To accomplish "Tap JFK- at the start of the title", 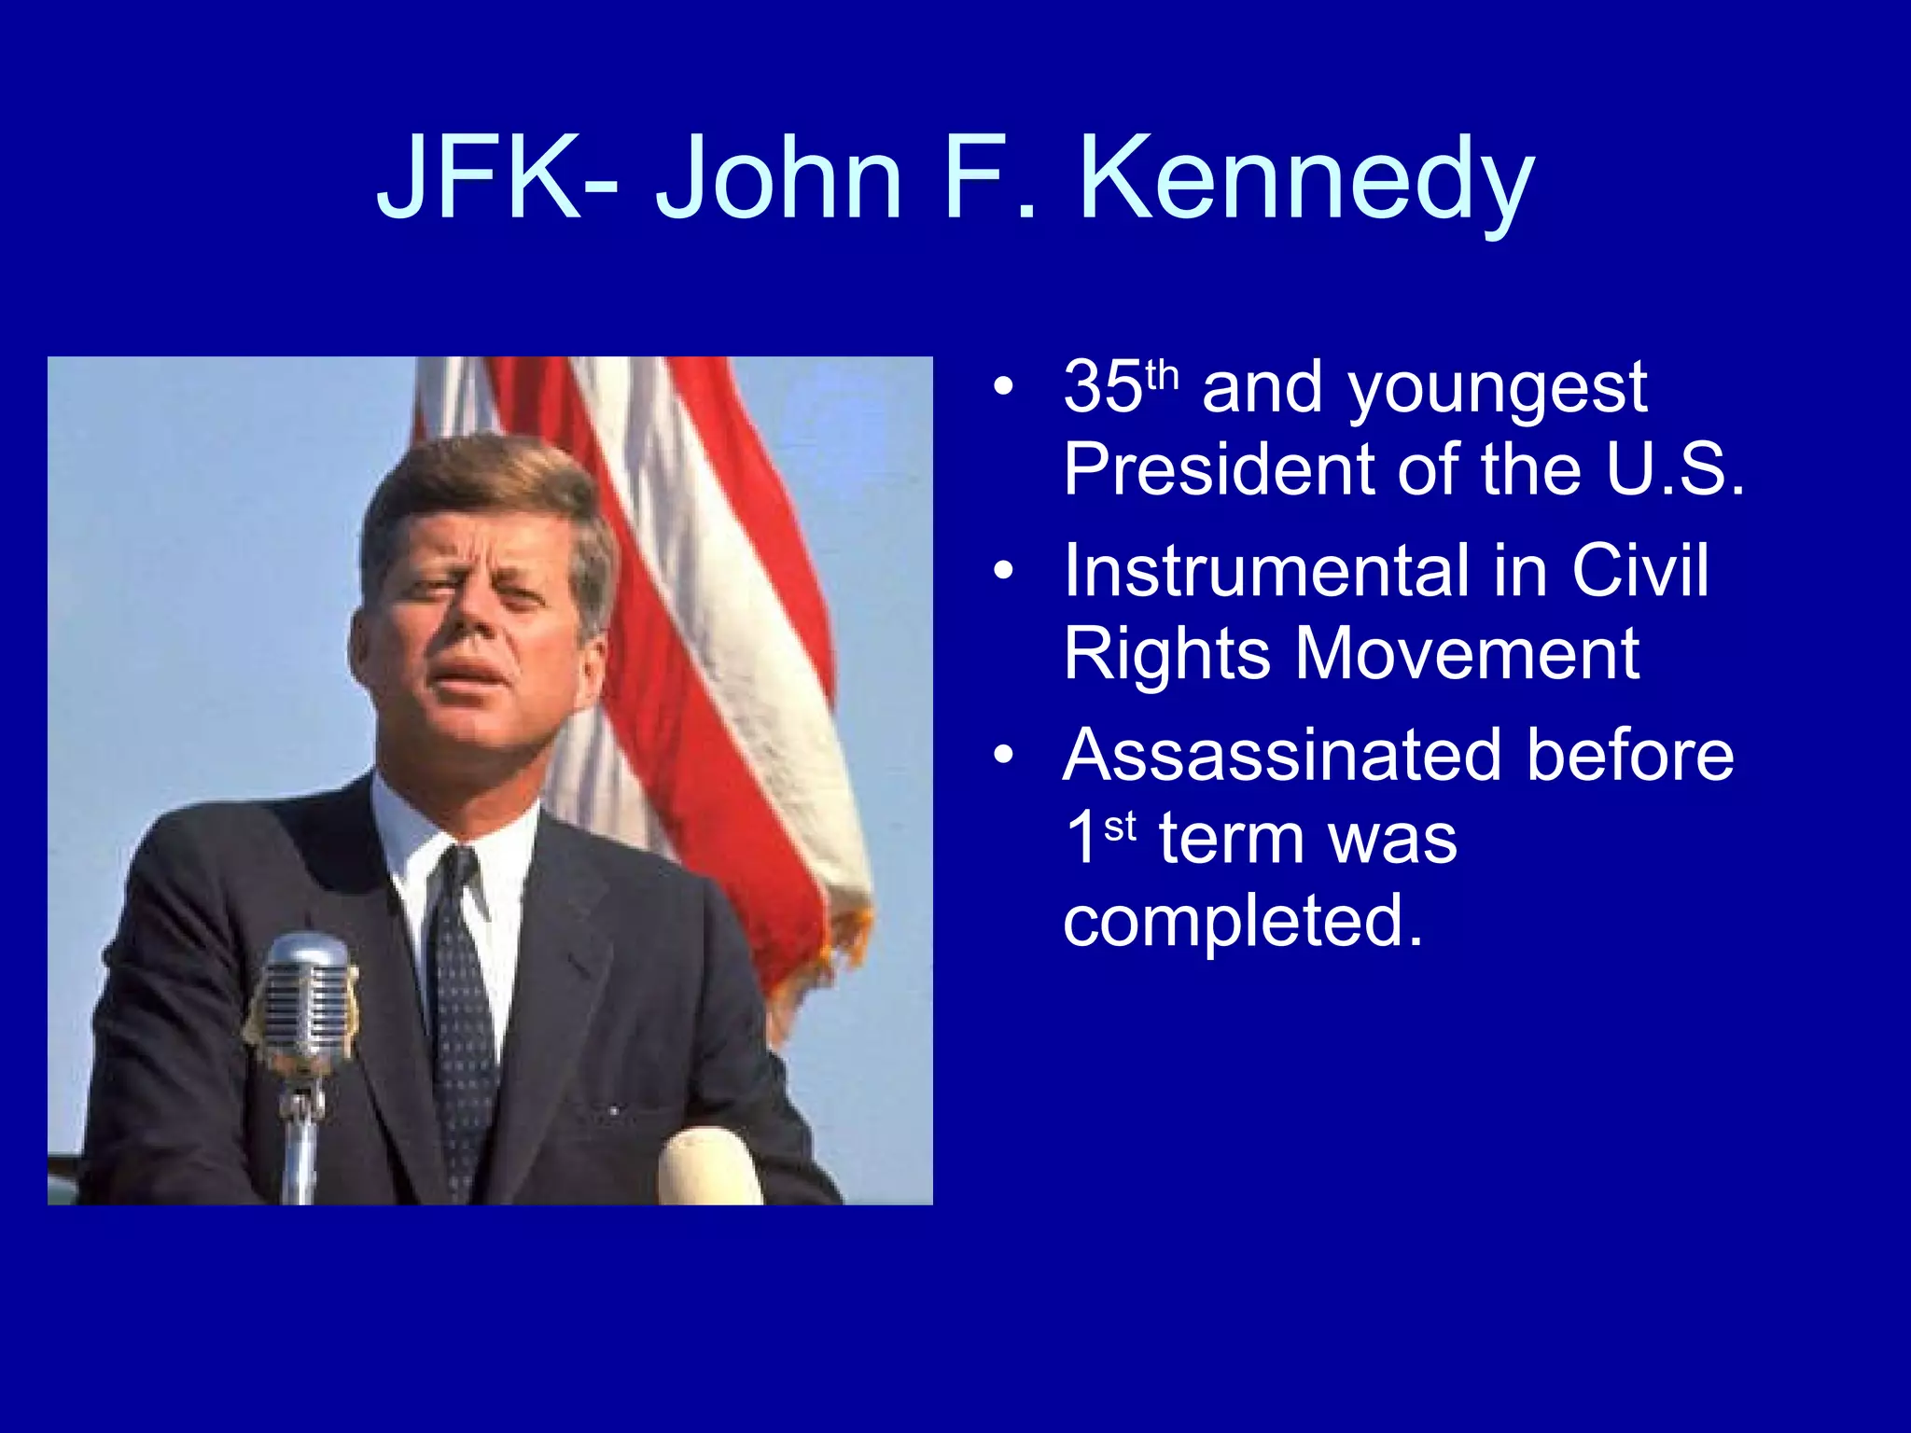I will click(x=495, y=177).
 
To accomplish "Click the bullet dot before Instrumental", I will click(x=1003, y=571).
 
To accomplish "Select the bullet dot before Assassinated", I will click(x=1003, y=755).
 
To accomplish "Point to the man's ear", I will click(x=589, y=658).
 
